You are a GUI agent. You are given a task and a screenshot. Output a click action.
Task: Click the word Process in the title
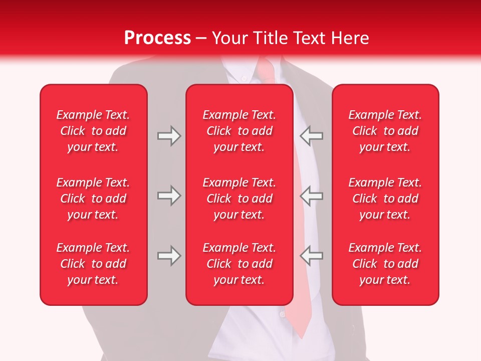(x=157, y=38)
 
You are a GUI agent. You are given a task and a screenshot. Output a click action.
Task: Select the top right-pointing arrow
(x=169, y=136)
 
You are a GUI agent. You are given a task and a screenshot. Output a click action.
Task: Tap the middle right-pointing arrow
(x=169, y=196)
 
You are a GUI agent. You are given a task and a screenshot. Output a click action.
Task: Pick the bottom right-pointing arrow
(x=169, y=256)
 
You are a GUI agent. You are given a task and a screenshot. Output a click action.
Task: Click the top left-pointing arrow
(x=312, y=136)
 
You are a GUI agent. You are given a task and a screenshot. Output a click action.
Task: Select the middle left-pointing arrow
(x=312, y=196)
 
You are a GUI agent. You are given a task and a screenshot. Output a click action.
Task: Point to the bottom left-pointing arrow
(x=312, y=256)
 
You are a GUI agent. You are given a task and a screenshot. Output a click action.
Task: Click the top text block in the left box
(x=93, y=131)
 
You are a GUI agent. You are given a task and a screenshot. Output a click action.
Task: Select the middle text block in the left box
(x=93, y=199)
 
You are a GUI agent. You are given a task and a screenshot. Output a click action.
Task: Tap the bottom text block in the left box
(x=93, y=264)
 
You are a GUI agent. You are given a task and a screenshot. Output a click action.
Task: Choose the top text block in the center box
(x=239, y=131)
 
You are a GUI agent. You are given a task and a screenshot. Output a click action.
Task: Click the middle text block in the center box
(x=239, y=199)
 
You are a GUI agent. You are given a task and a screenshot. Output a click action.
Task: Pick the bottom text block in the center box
(x=239, y=264)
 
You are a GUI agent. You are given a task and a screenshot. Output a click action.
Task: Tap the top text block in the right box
(x=385, y=131)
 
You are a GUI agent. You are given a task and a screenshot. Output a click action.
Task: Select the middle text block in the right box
(x=385, y=199)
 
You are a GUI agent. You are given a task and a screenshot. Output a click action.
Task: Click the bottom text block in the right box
(x=385, y=264)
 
